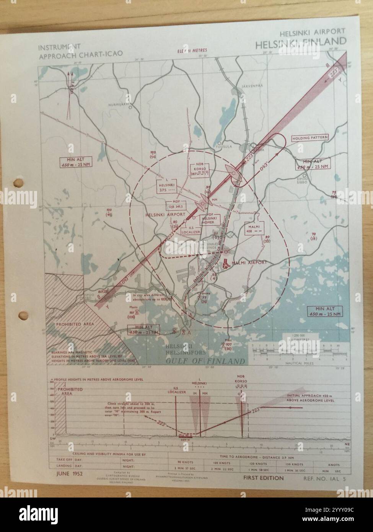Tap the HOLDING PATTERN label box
point(307,138)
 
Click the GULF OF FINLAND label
point(205,361)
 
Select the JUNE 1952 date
point(68,474)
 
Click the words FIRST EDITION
point(263,478)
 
